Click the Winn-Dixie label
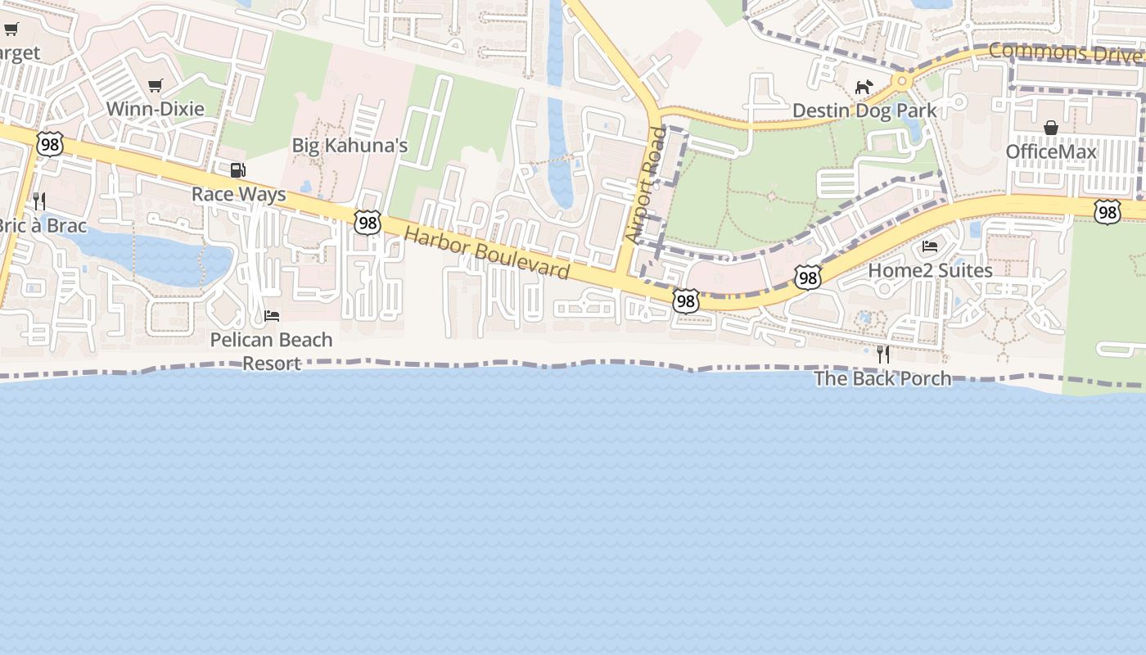tap(155, 109)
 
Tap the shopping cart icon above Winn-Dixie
tap(155, 86)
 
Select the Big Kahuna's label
tap(350, 146)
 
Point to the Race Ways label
tap(238, 194)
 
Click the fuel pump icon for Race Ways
tap(237, 170)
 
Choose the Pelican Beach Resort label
tap(271, 351)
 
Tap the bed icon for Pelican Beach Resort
tap(272, 315)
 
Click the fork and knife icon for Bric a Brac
tap(38, 201)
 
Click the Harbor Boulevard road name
tap(486, 252)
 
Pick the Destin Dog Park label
tap(864, 111)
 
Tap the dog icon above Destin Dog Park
tap(864, 87)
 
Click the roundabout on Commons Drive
tap(902, 81)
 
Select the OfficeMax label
tap(1050, 151)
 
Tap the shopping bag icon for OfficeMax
tap(1050, 128)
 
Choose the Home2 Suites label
tap(930, 270)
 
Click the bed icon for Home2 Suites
tap(930, 246)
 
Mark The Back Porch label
tap(882, 378)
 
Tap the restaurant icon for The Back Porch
tap(882, 354)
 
